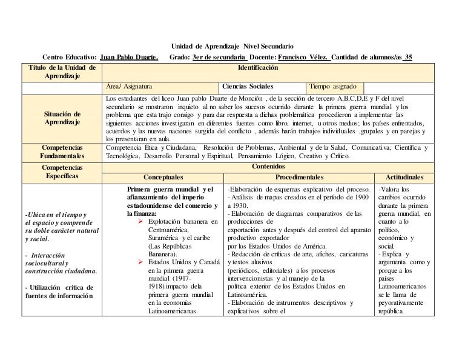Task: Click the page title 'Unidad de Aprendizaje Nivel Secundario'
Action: click(x=232, y=46)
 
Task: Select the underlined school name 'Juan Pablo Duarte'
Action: click(x=128, y=58)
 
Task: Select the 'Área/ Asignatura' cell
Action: click(x=130, y=86)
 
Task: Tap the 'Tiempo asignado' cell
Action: click(x=337, y=86)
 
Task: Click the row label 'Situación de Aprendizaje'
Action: click(x=63, y=118)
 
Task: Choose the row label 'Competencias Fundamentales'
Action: click(x=63, y=152)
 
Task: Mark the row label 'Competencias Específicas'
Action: click(x=63, y=171)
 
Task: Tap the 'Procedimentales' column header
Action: click(x=299, y=178)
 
